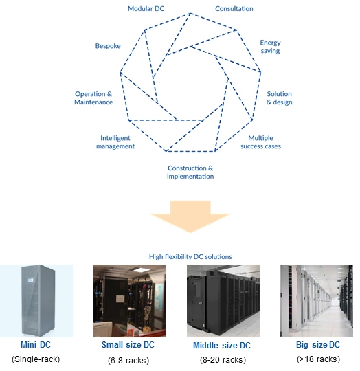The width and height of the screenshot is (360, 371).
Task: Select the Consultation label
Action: tap(234, 8)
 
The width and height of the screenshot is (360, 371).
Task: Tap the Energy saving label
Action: tap(270, 47)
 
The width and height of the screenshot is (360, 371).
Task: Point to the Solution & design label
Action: tap(279, 98)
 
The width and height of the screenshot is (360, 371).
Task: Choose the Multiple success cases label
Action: tap(265, 142)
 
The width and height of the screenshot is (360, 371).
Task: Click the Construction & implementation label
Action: tap(190, 172)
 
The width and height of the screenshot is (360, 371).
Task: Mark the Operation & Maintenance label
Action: tap(93, 98)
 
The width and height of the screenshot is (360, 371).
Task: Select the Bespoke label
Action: tap(108, 46)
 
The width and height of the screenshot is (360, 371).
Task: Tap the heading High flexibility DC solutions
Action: tap(190, 256)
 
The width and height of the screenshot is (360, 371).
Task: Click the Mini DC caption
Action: tap(36, 344)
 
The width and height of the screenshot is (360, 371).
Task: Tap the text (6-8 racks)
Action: tap(128, 359)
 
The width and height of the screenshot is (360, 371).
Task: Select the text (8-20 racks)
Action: tap(221, 359)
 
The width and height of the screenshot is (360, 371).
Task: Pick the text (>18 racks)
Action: tap(317, 359)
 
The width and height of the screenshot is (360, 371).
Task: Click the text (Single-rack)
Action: tap(36, 359)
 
